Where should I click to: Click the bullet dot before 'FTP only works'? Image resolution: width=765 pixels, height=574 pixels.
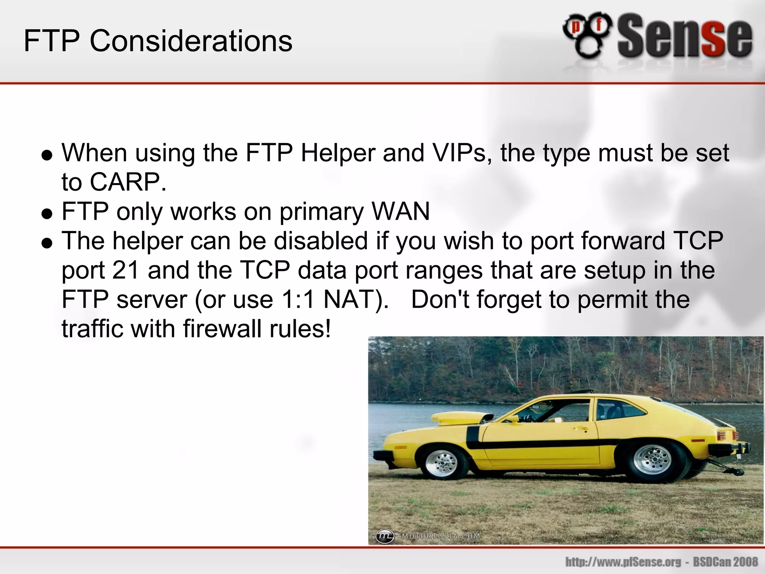47,213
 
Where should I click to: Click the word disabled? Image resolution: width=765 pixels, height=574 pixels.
321,241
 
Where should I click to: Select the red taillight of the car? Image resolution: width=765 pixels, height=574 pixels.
721,436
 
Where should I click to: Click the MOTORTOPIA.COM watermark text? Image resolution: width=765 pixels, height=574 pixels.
441,536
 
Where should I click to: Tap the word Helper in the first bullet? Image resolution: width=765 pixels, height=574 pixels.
338,153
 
